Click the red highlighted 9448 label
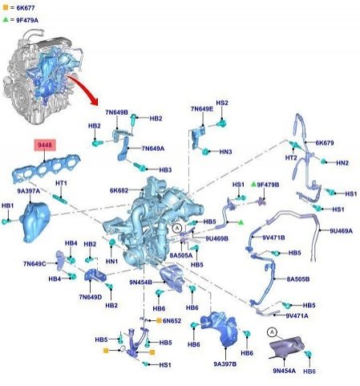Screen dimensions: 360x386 (45, 145)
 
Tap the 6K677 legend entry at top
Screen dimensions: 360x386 (18, 8)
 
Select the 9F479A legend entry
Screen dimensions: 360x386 (21, 20)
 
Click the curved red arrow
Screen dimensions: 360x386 (83, 89)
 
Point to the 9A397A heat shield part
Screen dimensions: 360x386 (35, 222)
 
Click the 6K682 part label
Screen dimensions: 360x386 (119, 190)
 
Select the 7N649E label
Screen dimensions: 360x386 (202, 109)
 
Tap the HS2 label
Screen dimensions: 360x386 (222, 103)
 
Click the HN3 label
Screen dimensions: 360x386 (225, 152)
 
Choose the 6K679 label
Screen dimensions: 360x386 (325, 143)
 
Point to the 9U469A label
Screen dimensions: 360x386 (341, 230)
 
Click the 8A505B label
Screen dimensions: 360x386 (298, 279)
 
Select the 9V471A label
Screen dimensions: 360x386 (297, 315)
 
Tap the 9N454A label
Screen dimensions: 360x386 (285, 371)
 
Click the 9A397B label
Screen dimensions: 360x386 (225, 364)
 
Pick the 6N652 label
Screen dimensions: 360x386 (172, 320)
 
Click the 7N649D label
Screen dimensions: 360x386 (91, 297)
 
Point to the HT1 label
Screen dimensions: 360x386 (61, 183)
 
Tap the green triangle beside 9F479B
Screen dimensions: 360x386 (253, 184)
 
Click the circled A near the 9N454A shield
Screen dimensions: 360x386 (272, 332)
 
